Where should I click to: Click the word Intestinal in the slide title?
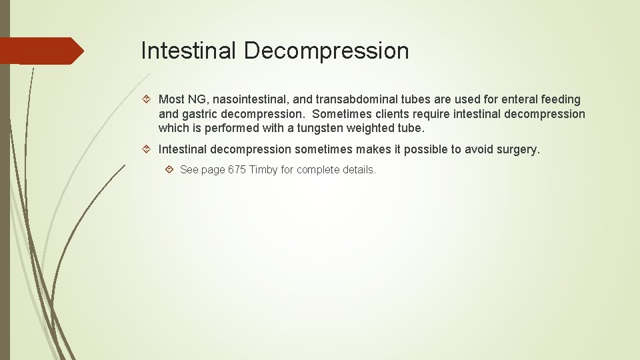189,51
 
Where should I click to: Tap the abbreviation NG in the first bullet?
197,99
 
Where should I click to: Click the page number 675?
237,170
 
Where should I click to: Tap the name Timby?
263,170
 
